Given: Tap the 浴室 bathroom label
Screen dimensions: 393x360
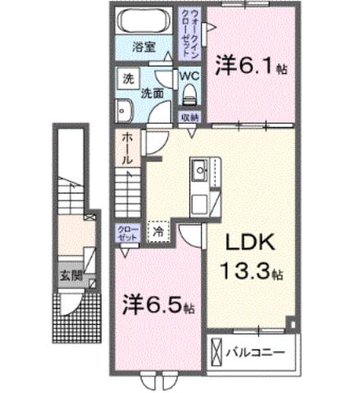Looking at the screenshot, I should pyautogui.click(x=145, y=48).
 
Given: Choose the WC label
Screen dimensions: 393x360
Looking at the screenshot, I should pyautogui.click(x=190, y=77).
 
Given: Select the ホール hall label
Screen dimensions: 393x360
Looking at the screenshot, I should pyautogui.click(x=127, y=149).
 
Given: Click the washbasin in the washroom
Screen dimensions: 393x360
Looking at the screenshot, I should pyautogui.click(x=125, y=109).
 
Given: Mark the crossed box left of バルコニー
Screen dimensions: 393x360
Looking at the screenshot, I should pyautogui.click(x=217, y=354).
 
